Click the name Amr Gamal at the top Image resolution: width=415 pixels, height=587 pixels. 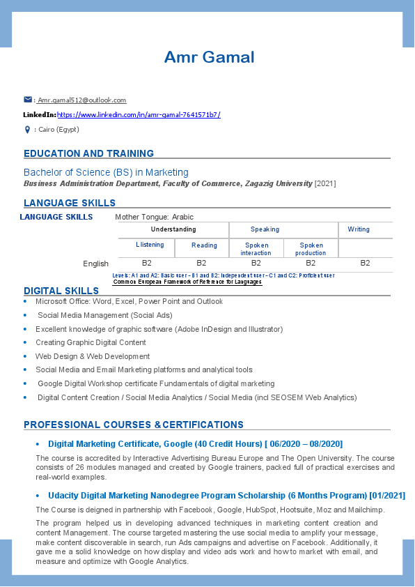209,57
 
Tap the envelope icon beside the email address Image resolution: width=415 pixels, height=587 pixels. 28,100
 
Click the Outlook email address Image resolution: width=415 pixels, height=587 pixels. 82,100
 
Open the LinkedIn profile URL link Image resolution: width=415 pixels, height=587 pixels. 139,114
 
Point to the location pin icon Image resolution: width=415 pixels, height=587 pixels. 27,130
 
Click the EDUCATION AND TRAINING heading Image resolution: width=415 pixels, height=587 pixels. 88,153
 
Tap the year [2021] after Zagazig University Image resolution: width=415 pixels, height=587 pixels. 325,183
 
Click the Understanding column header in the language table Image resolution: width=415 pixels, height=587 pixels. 173,229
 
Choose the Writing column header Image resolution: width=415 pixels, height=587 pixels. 359,229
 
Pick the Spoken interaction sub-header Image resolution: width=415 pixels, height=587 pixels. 256,249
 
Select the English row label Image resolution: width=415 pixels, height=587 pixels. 95,264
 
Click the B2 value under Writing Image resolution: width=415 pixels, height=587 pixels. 365,263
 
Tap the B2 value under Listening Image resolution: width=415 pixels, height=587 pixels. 147,263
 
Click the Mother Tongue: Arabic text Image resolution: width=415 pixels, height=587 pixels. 154,217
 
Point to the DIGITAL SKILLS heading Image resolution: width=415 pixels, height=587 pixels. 61,291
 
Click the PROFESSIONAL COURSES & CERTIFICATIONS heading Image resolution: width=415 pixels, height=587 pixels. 134,425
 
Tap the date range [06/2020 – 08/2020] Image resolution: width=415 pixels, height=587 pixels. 304,444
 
